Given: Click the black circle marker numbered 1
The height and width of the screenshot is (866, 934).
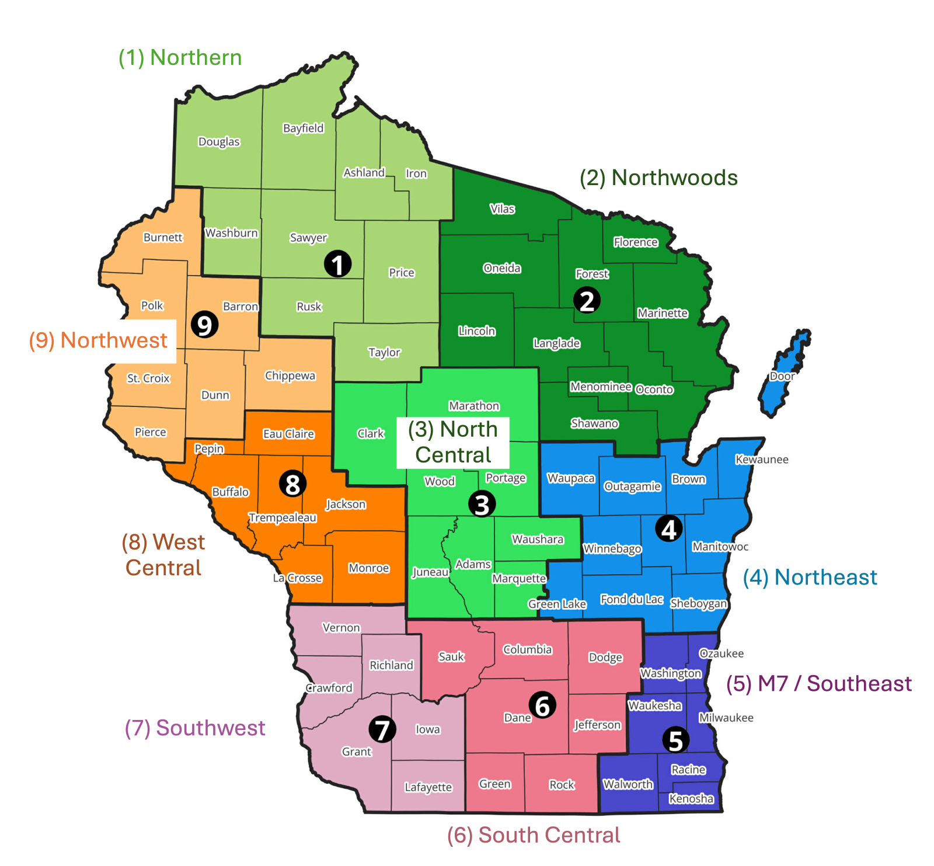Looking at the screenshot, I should click(337, 264).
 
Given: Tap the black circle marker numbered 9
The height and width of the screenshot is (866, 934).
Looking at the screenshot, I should click(204, 325).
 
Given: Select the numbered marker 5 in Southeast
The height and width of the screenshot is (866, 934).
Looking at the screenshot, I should click(675, 740).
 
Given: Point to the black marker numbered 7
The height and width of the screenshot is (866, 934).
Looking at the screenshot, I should click(382, 729).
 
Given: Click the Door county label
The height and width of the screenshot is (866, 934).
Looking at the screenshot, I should click(782, 376).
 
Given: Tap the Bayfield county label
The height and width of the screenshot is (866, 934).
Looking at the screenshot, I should click(303, 128).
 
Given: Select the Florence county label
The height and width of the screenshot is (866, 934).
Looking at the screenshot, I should click(635, 242).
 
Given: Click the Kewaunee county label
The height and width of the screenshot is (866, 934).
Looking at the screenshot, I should click(761, 460).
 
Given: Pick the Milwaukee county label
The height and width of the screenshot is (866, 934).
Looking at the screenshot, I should click(726, 718).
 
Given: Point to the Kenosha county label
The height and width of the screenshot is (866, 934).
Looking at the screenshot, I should click(691, 798).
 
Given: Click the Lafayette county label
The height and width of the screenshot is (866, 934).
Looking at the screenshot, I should click(428, 787).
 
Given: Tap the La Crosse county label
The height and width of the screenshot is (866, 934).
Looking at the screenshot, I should click(298, 578).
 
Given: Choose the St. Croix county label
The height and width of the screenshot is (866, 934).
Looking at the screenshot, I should click(148, 378).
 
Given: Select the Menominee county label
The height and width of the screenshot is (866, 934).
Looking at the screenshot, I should click(601, 387).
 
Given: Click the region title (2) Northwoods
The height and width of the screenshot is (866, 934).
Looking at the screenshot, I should click(658, 178).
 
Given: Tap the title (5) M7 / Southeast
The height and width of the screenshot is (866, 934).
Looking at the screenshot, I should click(818, 683).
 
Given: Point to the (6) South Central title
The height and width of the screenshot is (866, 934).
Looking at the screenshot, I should click(534, 835).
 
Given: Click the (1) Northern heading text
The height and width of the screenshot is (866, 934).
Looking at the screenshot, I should click(180, 57).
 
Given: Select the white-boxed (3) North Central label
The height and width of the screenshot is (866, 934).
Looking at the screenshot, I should click(453, 442).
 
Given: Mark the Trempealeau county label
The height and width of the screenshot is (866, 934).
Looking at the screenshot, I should click(283, 517).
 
